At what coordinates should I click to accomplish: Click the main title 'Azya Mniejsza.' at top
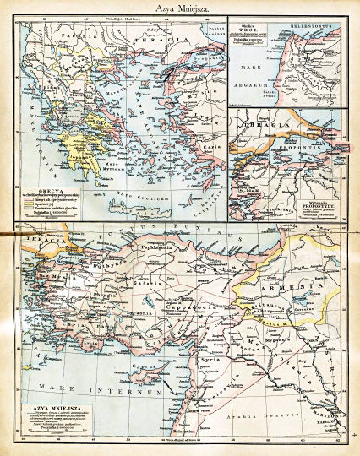coord(180,8)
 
